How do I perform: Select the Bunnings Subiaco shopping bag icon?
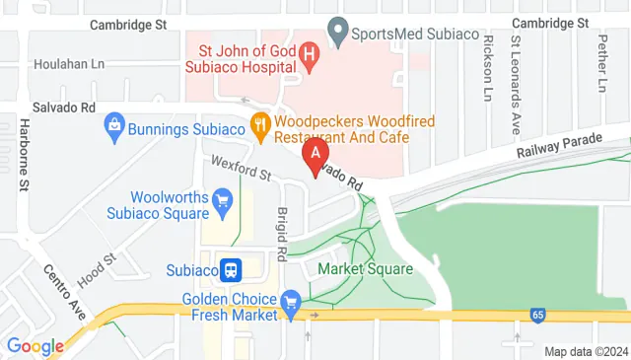coord(114,126)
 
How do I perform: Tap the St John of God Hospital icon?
coord(309,56)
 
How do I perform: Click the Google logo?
coord(35,346)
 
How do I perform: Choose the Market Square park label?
coord(365,268)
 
